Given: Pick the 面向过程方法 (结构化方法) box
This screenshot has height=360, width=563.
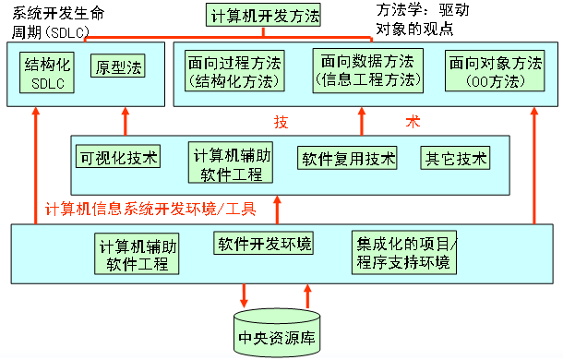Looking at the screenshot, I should pyautogui.click(x=234, y=72).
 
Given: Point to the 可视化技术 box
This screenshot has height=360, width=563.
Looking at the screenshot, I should pyautogui.click(x=118, y=157).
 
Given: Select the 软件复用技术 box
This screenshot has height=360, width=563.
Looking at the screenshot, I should pyautogui.click(x=347, y=158).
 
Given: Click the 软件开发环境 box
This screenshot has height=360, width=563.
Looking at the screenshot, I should pyautogui.click(x=264, y=244).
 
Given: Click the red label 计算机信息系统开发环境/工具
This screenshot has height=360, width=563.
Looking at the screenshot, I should pyautogui.click(x=150, y=208).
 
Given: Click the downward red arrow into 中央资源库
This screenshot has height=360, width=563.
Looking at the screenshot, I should pyautogui.click(x=245, y=294).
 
